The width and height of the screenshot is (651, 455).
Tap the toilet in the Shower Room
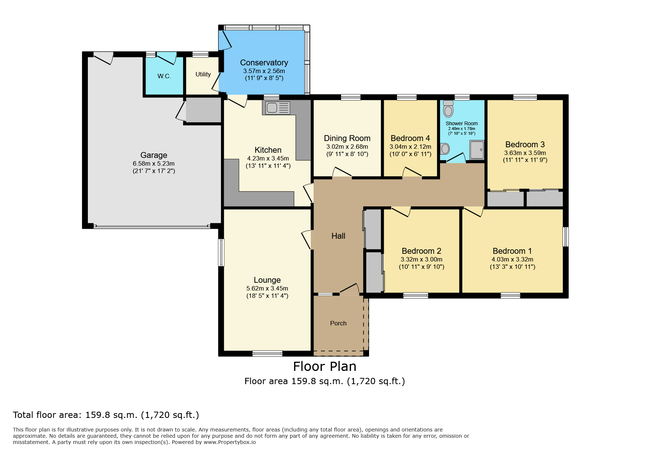click(448, 109)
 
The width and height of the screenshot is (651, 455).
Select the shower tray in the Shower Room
click(477, 150)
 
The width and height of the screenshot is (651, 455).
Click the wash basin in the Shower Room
click(445, 149)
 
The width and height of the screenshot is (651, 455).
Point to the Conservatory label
click(264, 63)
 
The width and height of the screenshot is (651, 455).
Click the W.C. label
click(164, 76)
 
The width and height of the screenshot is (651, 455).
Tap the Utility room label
click(203, 74)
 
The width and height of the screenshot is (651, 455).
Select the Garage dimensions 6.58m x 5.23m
click(154, 163)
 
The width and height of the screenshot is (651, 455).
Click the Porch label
click(338, 323)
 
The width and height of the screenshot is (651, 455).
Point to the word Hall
click(338, 236)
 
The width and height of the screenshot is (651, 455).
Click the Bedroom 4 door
click(412, 173)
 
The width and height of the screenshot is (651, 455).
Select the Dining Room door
click(342, 173)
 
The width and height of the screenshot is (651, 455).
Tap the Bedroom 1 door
click(473, 212)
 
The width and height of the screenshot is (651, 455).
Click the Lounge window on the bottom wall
click(267, 354)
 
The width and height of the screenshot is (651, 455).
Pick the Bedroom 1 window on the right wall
click(566, 237)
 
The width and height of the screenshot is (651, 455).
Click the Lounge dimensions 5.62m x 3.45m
click(267, 289)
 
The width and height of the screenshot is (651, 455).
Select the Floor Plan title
click(325, 366)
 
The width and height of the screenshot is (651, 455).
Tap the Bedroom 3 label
click(525, 145)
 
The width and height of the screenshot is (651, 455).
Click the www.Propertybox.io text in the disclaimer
click(230, 442)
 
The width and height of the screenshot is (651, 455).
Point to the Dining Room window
click(351, 97)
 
